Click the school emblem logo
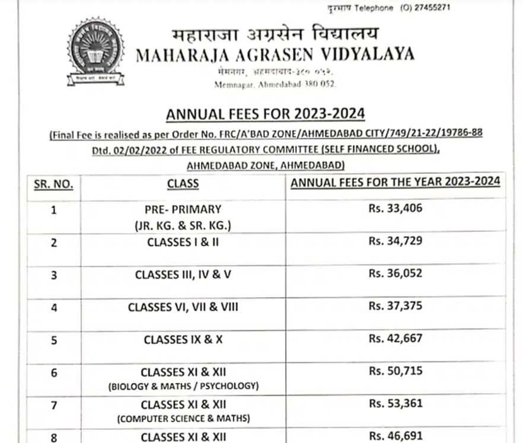(x=96, y=52)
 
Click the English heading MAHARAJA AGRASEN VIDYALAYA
(x=275, y=55)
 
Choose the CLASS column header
(x=183, y=183)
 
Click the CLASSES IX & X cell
(x=183, y=340)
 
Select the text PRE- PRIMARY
(x=183, y=209)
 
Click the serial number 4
(x=54, y=307)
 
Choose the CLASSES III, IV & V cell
(x=183, y=275)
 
